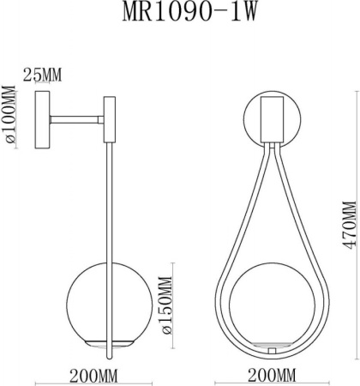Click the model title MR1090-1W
pyautogui.click(x=179, y=15)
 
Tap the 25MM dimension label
pyautogui.click(x=42, y=76)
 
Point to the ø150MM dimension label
pyautogui.click(x=167, y=309)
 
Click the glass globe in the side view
pyautogui.click(x=94, y=309)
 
